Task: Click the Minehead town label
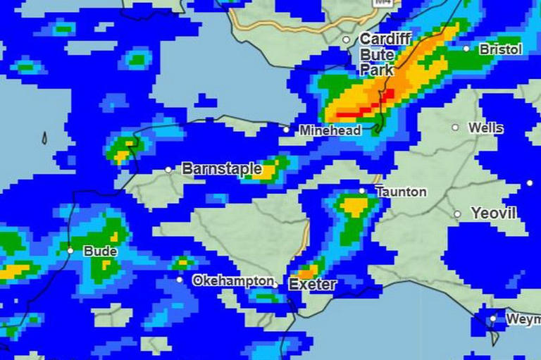[330, 130]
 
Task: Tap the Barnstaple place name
[222, 169]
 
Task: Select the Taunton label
[401, 192]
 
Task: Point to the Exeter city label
[312, 285]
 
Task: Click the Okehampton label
[233, 280]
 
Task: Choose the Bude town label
[100, 251]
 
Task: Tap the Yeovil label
[493, 213]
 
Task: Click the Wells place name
[486, 128]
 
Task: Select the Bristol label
[501, 49]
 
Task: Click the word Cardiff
[385, 39]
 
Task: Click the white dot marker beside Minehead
[286, 130]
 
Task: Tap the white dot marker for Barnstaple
[168, 170]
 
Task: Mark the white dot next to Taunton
[362, 190]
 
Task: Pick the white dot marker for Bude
[70, 250]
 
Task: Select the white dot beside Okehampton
[180, 280]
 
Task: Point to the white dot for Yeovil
[457, 213]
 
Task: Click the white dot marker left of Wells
[455, 128]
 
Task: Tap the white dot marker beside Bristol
[466, 49]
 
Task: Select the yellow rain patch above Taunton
[355, 206]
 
